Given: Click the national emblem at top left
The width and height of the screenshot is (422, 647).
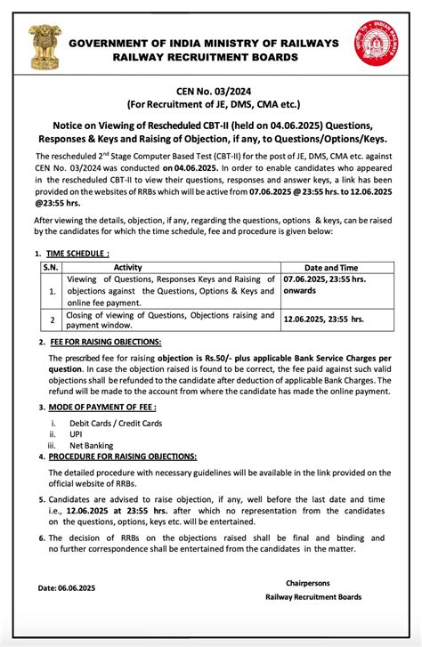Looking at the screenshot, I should [x=41, y=48].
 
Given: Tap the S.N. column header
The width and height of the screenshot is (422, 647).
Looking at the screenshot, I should [x=52, y=267].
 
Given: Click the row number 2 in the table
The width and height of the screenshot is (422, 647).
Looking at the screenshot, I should [x=52, y=319].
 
